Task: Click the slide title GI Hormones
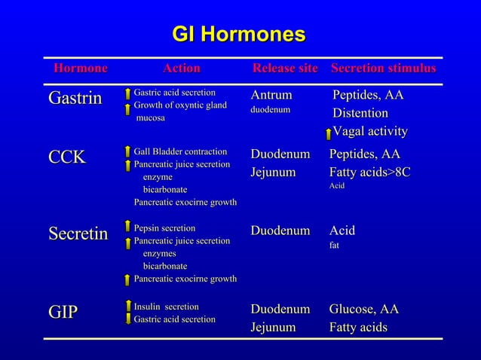pos(239,35)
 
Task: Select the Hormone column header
pos(80,69)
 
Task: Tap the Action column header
pos(181,69)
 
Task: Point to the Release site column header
pos(285,69)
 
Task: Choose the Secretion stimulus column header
pos(383,69)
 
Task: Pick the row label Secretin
pos(78,234)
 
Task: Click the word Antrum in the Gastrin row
pos(271,96)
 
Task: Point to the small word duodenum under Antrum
pos(270,111)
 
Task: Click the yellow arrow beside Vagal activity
pos(328,134)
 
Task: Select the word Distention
pos(361,114)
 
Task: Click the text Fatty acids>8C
pos(369,172)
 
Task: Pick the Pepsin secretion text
pos(164,227)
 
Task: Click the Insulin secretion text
pos(166,307)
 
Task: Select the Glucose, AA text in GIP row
pos(363,310)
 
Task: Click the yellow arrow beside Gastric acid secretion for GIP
pos(128,320)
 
